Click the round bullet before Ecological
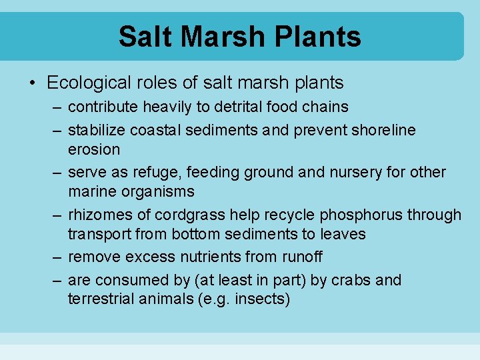coord(31,83)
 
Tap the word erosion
coord(94,149)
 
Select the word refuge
coord(157,172)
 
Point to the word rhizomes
coord(101,215)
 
